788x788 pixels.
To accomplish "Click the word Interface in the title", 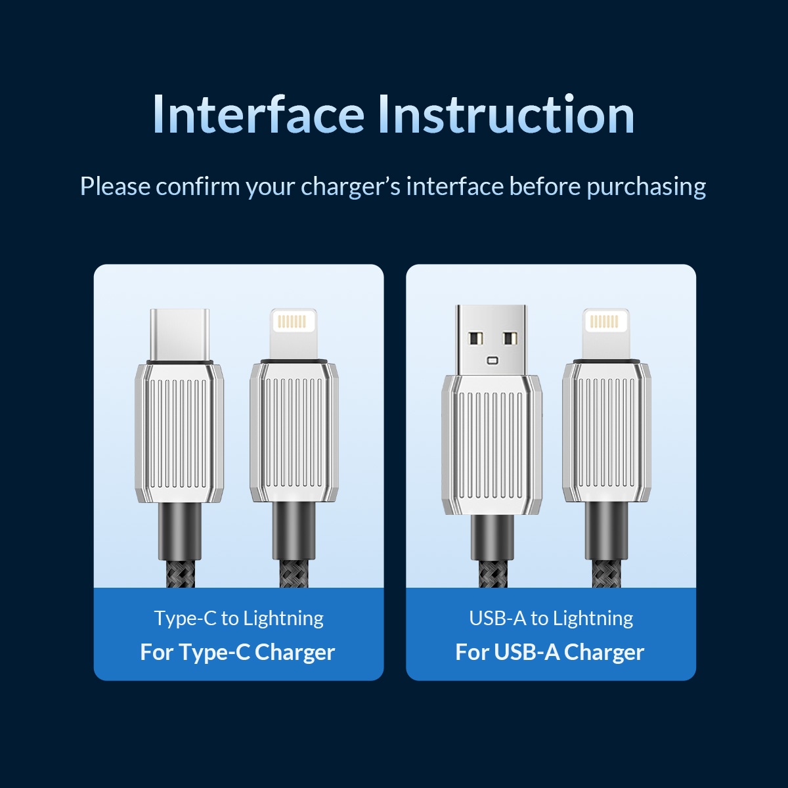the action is [259, 114].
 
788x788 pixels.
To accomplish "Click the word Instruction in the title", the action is [506, 114].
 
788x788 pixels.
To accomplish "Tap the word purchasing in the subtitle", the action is [647, 187].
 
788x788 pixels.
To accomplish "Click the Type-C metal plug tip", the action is [179, 335].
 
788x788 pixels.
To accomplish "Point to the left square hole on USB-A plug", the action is [475, 338].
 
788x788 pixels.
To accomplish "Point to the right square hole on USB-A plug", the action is [509, 338].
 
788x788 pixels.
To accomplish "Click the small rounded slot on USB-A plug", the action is [492, 361].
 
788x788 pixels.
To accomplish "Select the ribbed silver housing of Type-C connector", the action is [179, 433].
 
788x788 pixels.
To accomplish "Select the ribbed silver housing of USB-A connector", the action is [492, 445].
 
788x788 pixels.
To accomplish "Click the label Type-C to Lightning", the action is [239, 619].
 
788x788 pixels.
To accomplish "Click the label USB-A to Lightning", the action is [551, 619].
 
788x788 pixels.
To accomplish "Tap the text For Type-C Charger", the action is [238, 652].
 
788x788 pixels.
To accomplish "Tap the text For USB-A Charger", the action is [550, 652].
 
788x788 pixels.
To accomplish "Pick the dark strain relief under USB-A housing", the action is [492, 537].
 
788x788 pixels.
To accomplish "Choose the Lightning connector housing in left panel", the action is [294, 432].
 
